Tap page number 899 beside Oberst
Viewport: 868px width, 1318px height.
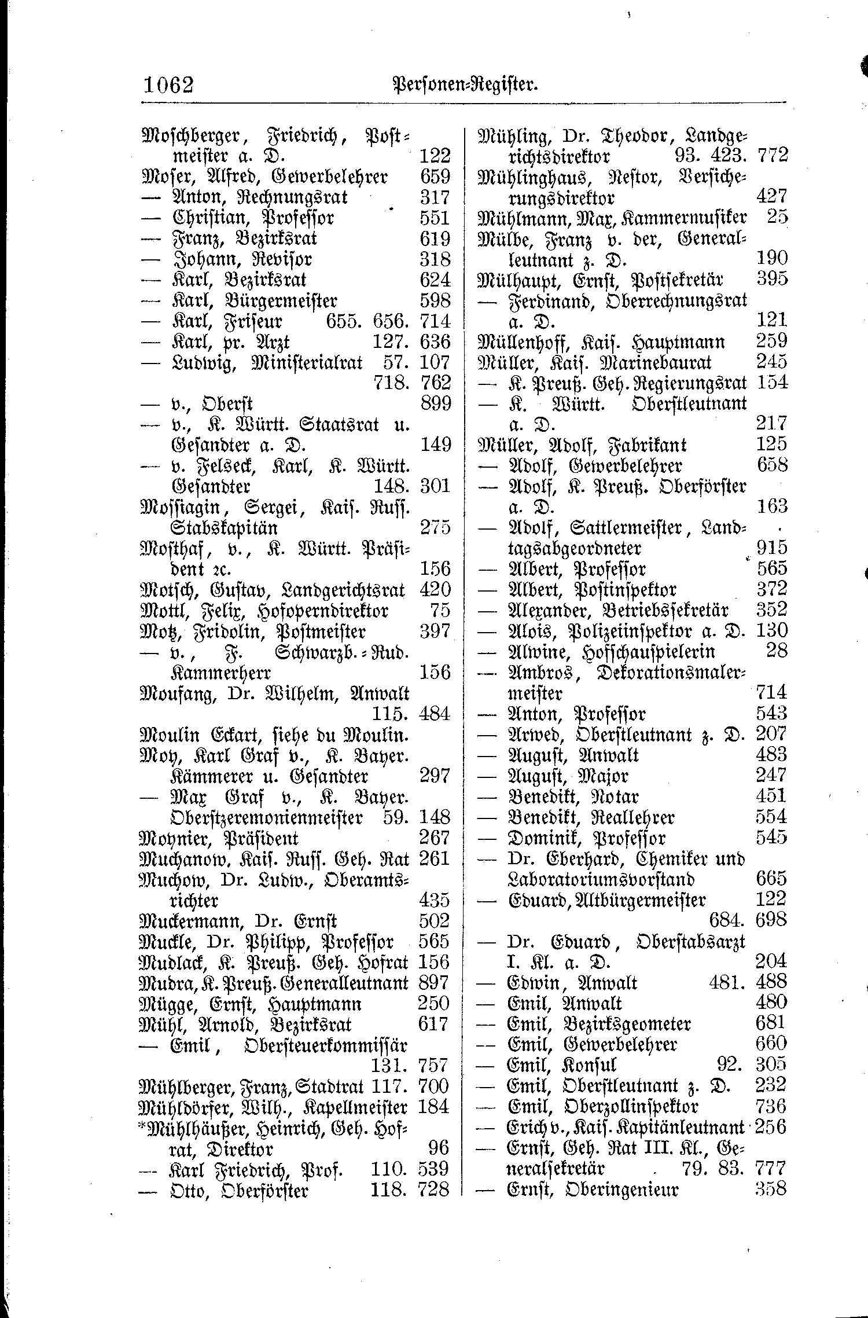coord(435,403)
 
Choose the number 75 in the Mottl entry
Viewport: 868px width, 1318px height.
coord(440,611)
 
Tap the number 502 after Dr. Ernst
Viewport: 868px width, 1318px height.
coord(434,921)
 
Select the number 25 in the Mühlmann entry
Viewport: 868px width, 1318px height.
coord(777,218)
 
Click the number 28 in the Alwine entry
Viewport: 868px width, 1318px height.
coord(776,651)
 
